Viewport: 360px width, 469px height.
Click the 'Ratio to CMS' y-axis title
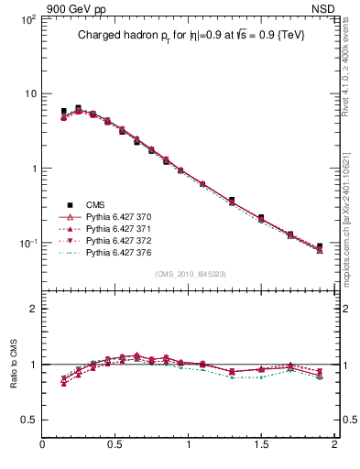(13, 363)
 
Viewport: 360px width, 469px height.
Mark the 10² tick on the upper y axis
(27, 19)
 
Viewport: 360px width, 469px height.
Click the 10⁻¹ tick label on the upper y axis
(27, 244)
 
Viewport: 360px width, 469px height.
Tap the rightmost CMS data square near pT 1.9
(320, 246)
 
